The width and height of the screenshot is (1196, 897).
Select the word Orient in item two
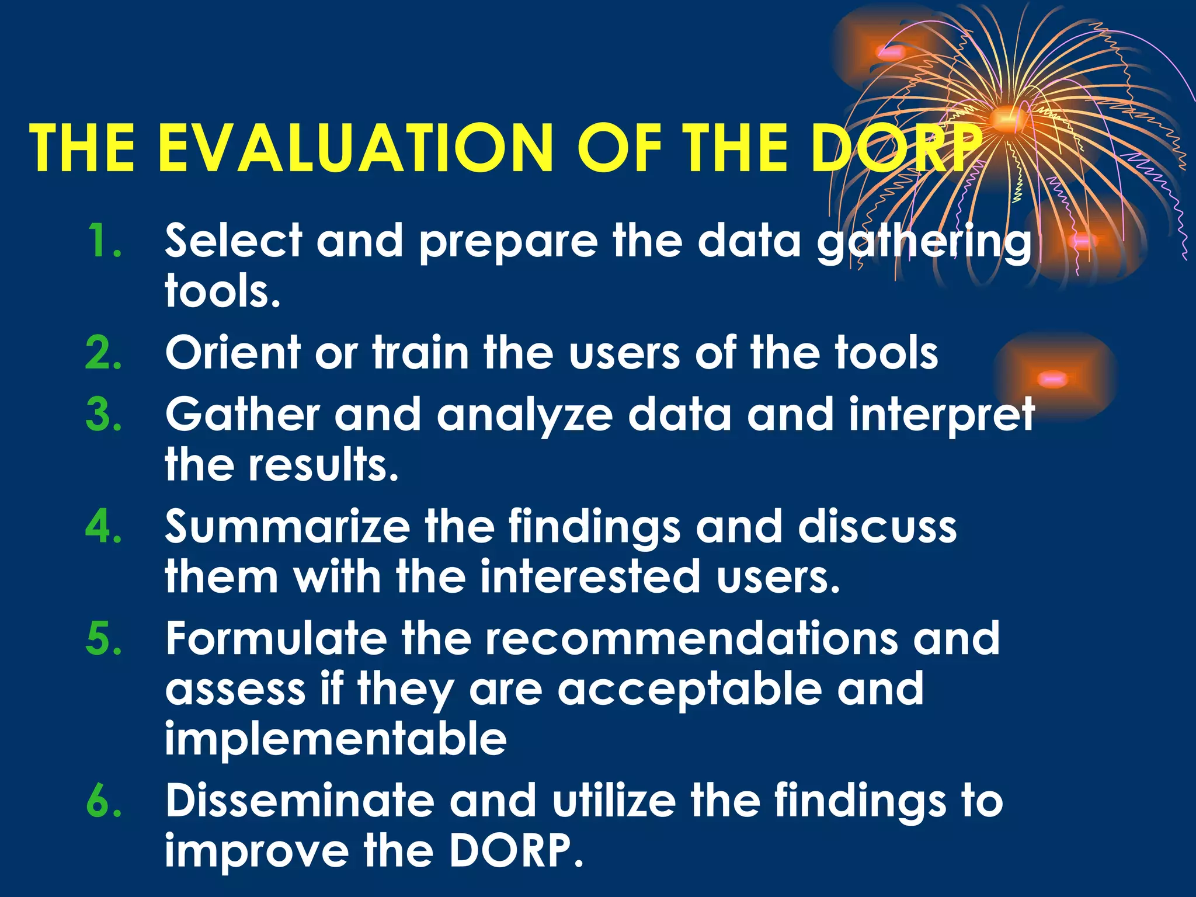(x=232, y=353)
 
